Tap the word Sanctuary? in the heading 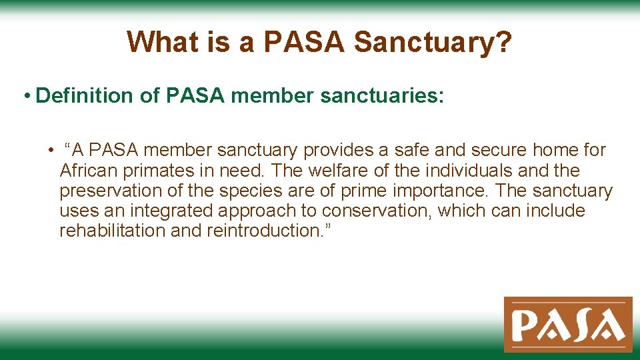433,42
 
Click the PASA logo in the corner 568,324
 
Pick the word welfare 341,171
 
